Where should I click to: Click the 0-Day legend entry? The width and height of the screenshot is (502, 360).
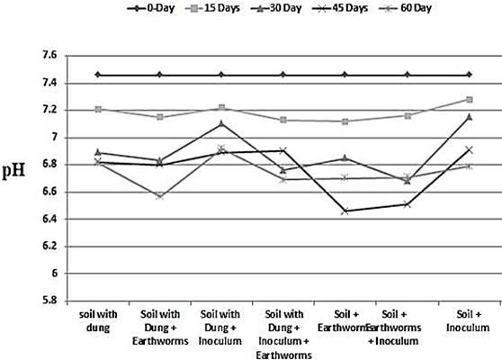pos(150,8)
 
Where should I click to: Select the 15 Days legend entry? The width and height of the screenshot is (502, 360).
pos(212,8)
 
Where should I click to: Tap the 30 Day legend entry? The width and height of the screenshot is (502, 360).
pos(276,8)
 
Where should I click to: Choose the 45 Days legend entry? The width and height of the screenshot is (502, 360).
pos(340,8)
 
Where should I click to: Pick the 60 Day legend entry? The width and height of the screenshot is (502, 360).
pos(405,8)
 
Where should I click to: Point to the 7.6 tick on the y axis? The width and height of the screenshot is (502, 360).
pos(49,56)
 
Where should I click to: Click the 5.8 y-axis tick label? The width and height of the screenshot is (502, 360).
pos(49,301)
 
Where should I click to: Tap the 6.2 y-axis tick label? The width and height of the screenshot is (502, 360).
pos(49,247)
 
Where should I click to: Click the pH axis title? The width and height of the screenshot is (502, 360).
pos(13,171)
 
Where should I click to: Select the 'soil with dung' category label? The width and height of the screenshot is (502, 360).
pos(98,321)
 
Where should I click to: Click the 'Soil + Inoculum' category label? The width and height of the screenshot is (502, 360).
pos(468,321)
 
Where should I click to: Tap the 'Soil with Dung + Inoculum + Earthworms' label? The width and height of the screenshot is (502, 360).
pos(283,335)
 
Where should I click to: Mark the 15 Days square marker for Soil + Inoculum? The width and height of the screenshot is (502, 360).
pos(470,100)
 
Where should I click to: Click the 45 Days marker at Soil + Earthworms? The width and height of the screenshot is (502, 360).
pos(345,211)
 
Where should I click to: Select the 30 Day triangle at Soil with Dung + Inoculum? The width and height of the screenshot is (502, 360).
pos(221,123)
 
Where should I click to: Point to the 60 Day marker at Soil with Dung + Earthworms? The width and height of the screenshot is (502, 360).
pos(160,197)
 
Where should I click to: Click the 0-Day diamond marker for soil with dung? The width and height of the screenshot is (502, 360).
pos(98,75)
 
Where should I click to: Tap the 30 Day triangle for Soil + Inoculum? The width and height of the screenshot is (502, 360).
pos(470,117)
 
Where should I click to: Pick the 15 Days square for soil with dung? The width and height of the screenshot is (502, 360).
pos(98,109)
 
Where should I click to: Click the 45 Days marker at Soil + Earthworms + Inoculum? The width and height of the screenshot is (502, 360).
pos(407,204)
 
